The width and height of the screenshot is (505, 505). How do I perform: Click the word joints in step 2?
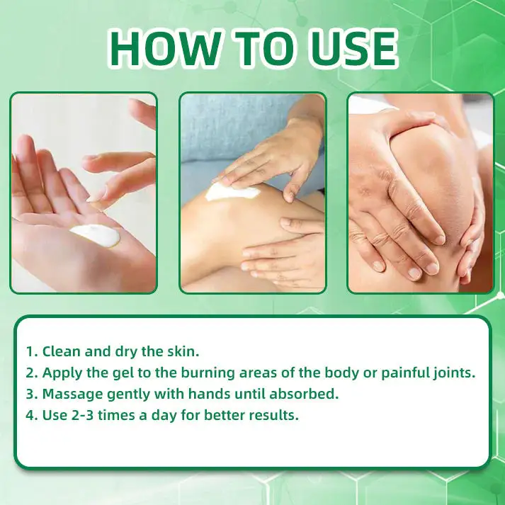452,373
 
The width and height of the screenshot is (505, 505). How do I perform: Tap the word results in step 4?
273,415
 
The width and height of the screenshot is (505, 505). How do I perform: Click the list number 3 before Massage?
30,394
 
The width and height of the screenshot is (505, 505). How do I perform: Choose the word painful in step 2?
399,373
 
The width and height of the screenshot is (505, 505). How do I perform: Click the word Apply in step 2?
62,373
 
